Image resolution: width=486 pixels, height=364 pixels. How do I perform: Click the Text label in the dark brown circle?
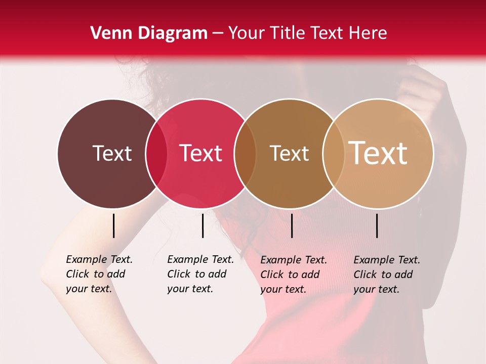pyautogui.click(x=112, y=153)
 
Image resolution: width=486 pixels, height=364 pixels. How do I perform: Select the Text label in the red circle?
pyautogui.click(x=200, y=153)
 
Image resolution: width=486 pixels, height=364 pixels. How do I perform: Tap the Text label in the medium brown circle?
pyautogui.click(x=289, y=153)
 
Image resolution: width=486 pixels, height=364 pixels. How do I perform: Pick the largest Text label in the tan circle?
pyautogui.click(x=378, y=153)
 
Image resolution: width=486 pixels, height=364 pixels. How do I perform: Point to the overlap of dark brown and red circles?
pyautogui.click(x=156, y=154)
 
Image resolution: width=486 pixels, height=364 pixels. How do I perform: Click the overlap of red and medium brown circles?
pyautogui.click(x=245, y=154)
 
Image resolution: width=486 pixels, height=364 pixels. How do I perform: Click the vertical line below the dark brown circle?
pyautogui.click(x=113, y=225)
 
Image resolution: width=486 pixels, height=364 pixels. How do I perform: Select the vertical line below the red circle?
pyautogui.click(x=202, y=225)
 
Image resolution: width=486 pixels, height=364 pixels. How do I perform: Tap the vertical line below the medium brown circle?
pyautogui.click(x=292, y=225)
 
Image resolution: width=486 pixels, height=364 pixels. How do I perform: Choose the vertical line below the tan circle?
pyautogui.click(x=377, y=225)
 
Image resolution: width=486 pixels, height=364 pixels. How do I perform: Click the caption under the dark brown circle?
pyautogui.click(x=99, y=274)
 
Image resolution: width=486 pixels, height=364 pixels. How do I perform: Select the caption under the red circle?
pyautogui.click(x=200, y=274)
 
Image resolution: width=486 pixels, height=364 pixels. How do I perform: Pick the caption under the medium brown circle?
pyautogui.click(x=294, y=275)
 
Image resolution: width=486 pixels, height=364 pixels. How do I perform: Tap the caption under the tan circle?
pyautogui.click(x=387, y=275)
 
